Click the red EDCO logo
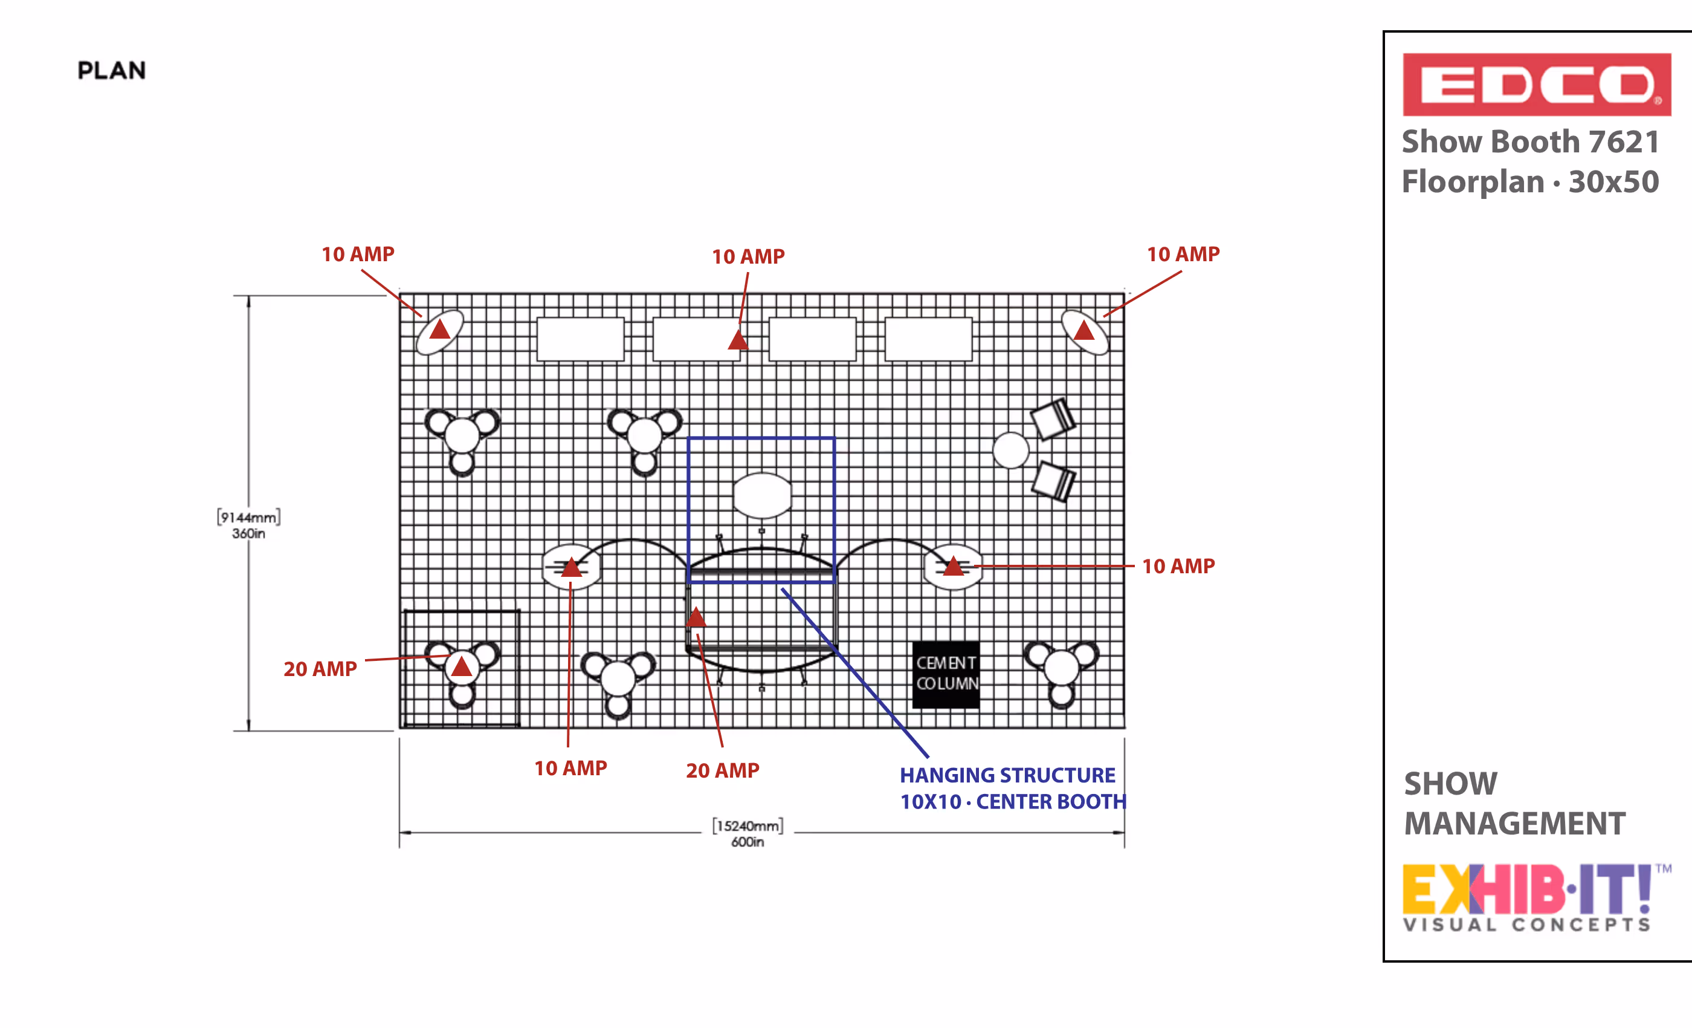click(x=1536, y=85)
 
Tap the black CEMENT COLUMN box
click(x=946, y=674)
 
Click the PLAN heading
click(x=111, y=70)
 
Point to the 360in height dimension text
click(x=248, y=533)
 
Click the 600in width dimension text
click(x=747, y=842)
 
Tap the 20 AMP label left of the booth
click(x=320, y=669)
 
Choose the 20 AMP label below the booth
click(x=722, y=770)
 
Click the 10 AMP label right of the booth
click(x=1178, y=566)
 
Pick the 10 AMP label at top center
click(x=748, y=256)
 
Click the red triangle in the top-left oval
click(x=439, y=328)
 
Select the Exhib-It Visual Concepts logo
click(x=1536, y=897)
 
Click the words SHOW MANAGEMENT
click(x=1514, y=803)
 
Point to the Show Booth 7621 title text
click(x=1531, y=142)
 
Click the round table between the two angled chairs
click(x=1011, y=451)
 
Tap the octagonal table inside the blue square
click(x=762, y=495)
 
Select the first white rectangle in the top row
click(x=580, y=339)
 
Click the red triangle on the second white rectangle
click(x=738, y=339)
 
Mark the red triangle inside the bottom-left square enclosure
click(x=462, y=666)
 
